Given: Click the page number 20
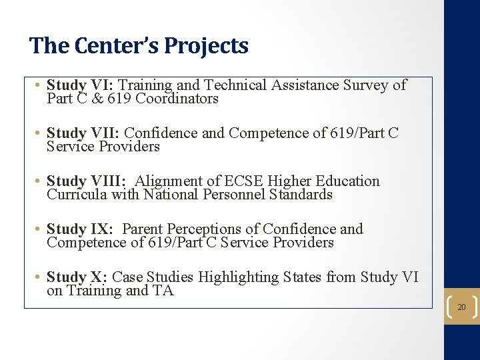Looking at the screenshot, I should pyautogui.click(x=461, y=307).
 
